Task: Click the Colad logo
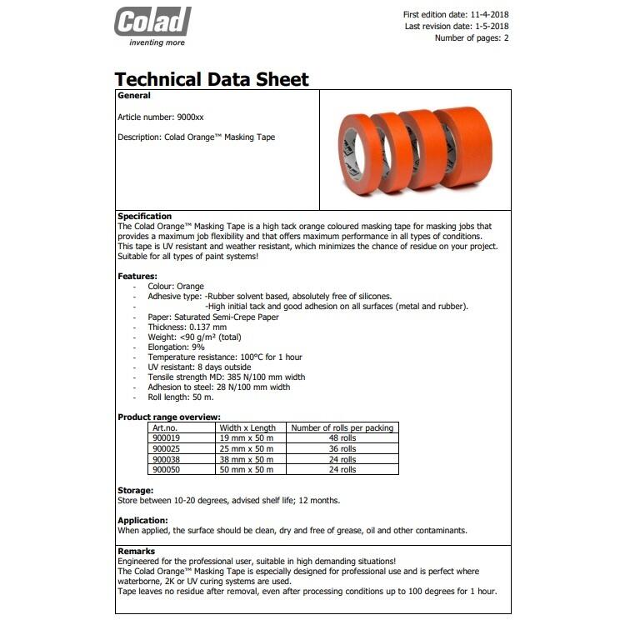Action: coord(152,25)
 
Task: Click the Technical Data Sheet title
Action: coord(212,80)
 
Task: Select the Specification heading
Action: coord(144,217)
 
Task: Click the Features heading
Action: coord(137,276)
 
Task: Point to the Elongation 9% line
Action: coord(176,347)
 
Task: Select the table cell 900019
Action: coord(167,438)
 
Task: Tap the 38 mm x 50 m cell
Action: coord(246,459)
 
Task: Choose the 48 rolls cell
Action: coord(342,438)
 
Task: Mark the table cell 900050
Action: coord(167,470)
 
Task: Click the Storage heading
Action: coord(136,491)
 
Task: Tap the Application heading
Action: coord(143,520)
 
